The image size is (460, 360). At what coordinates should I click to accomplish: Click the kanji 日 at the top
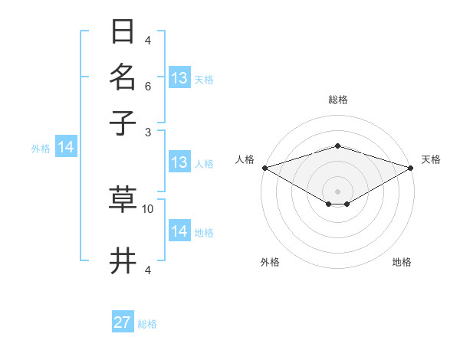[123, 31]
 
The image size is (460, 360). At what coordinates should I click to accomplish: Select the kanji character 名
[123, 77]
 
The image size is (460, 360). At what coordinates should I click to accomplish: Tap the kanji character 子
[123, 122]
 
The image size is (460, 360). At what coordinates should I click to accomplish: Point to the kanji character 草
[123, 198]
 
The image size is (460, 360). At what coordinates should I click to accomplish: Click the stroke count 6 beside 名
[148, 87]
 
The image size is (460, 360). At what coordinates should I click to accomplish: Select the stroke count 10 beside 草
[148, 208]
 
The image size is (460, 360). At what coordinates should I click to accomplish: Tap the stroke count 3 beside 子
[148, 132]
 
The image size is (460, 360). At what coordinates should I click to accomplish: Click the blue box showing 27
[123, 322]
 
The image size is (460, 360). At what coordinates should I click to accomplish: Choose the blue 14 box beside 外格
[65, 147]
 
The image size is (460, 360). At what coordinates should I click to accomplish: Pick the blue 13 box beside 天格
[179, 78]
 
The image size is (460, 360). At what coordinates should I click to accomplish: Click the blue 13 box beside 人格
[179, 162]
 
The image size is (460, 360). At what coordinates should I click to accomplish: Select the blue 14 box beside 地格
[179, 231]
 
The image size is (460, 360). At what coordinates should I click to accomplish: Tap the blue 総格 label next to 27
[147, 324]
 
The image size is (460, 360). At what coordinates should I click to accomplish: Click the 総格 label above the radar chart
[337, 100]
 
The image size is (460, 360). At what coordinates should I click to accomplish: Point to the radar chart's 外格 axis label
[270, 262]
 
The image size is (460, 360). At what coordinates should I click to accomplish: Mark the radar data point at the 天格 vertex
[411, 167]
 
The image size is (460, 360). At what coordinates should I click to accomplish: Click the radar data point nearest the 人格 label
[264, 167]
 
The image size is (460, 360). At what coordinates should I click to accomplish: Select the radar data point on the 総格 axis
[337, 146]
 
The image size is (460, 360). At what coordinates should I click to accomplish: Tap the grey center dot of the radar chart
[337, 191]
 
